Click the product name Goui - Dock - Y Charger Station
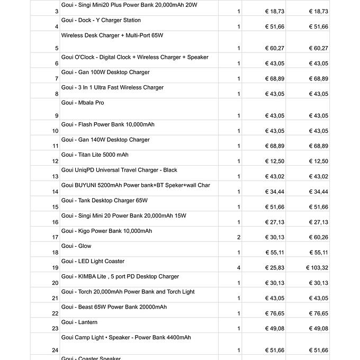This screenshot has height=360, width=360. pyautogui.click(x=101, y=20)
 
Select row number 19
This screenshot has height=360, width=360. pyautogui.click(x=55, y=268)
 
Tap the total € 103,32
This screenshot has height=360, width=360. pyautogui.click(x=317, y=268)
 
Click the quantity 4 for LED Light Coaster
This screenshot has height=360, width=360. pyautogui.click(x=239, y=268)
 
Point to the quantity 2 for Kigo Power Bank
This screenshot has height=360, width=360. pyautogui.click(x=239, y=237)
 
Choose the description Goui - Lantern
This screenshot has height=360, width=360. pyautogui.click(x=79, y=322)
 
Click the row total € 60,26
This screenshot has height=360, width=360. pyautogui.click(x=318, y=237)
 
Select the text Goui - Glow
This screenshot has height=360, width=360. pyautogui.click(x=76, y=246)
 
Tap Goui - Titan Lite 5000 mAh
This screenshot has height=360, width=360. pyautogui.click(x=95, y=155)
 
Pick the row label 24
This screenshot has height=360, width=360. pyautogui.click(x=55, y=350)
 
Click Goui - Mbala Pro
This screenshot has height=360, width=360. pyautogui.click(x=83, y=103)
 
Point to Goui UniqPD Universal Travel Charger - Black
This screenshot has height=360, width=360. pyautogui.click(x=119, y=170)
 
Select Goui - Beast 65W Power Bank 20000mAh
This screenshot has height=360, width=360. pyautogui.click(x=114, y=307)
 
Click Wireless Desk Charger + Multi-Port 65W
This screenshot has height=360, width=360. pyautogui.click(x=112, y=35)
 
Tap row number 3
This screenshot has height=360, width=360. pyautogui.click(x=57, y=11)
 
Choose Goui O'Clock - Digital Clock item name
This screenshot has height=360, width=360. pyautogui.click(x=134, y=57)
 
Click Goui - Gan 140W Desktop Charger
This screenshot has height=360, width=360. pyautogui.click(x=105, y=140)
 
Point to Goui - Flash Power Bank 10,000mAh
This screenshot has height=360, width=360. pyautogui.click(x=108, y=124)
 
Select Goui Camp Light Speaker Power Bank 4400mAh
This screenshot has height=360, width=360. pyautogui.click(x=126, y=337)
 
